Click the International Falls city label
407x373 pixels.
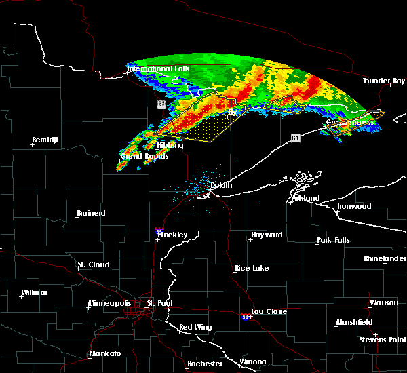[x=159, y=69]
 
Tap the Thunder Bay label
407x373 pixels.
[x=383, y=81]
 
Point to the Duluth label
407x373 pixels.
[x=220, y=185]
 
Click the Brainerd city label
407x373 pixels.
[x=91, y=213]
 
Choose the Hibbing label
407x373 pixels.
[x=170, y=145]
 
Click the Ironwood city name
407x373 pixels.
[x=355, y=206]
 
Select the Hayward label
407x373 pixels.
[x=267, y=235]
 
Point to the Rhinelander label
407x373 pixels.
[x=385, y=258]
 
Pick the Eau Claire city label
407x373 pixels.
[x=269, y=311]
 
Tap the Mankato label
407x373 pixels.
[x=105, y=354]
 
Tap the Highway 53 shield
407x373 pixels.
[x=161, y=104]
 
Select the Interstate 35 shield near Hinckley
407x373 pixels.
[x=159, y=231]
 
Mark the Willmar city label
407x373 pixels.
[x=35, y=292]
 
